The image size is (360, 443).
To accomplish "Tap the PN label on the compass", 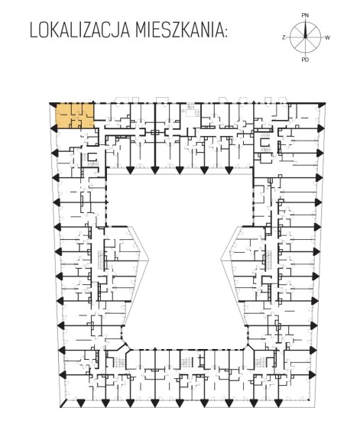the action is (x=305, y=15).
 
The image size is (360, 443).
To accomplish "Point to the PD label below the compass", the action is (x=305, y=60).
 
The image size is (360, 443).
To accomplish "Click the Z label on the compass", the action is (x=284, y=37).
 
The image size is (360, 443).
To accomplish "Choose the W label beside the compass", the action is (x=327, y=37).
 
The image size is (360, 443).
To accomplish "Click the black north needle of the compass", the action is (x=305, y=29).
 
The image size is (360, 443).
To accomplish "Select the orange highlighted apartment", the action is (x=75, y=115).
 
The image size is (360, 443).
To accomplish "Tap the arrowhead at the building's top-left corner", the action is (x=53, y=104).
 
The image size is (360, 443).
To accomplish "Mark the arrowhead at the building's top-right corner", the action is (x=320, y=105).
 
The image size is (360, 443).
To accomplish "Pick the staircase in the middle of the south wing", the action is (x=186, y=361).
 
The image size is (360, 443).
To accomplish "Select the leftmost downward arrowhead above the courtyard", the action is (x=130, y=170).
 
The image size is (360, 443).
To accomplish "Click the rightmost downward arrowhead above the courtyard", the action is (x=229, y=170).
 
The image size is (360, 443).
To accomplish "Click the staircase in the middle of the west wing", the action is (x=101, y=260).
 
